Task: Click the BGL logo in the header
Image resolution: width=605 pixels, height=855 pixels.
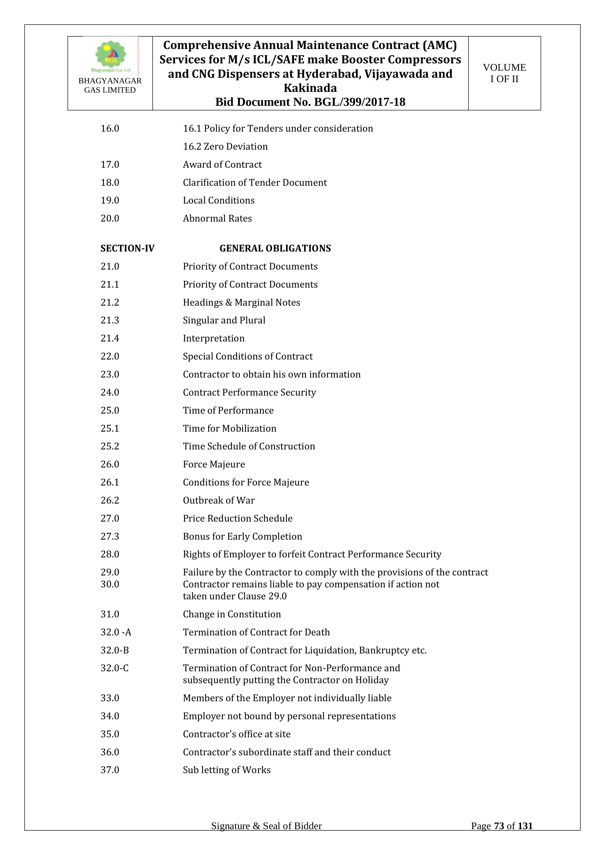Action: coord(111,56)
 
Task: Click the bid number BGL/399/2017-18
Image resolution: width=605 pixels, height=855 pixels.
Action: coord(359,102)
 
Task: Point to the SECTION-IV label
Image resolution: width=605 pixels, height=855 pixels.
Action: coord(127,248)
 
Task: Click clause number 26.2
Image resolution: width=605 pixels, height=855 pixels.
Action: coord(110,500)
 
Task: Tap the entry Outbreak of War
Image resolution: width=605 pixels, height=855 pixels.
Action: coord(219,500)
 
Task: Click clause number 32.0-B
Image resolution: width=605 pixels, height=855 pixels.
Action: coord(115,650)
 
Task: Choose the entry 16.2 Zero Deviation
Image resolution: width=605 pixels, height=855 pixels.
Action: coord(225,146)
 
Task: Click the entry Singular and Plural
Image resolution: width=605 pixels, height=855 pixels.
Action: coord(224,320)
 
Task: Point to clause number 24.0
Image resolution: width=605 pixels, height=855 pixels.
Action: coord(110,392)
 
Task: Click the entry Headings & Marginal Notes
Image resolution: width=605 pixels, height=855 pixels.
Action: coord(241,302)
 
